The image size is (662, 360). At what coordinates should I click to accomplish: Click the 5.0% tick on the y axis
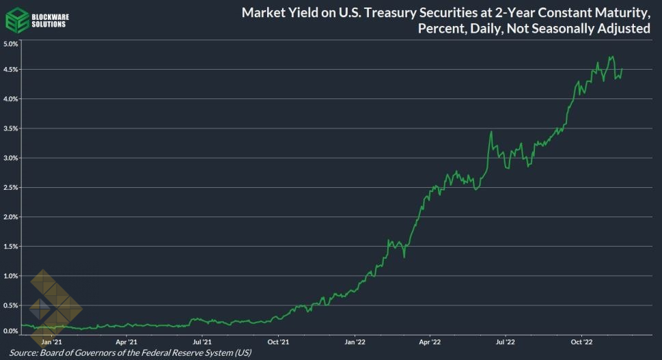(10, 44)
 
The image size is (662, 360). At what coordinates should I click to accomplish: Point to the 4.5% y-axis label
(10, 70)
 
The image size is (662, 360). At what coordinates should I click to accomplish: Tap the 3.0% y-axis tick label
(10, 158)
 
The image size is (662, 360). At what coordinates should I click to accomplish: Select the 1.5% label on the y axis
(10, 246)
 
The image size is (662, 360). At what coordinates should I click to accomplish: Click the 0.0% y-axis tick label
(10, 331)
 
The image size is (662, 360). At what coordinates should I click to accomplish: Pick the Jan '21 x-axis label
(52, 341)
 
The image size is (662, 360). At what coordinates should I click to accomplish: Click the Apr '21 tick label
(126, 341)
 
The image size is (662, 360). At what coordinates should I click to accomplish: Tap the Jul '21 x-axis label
(202, 341)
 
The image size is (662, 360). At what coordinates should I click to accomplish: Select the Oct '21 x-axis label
(278, 341)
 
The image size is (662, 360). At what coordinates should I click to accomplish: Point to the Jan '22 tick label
(355, 341)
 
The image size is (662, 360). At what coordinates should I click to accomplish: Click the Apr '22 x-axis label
(430, 341)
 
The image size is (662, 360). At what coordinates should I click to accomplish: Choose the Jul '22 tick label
(505, 341)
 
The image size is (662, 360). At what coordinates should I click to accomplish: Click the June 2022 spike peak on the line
(491, 132)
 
